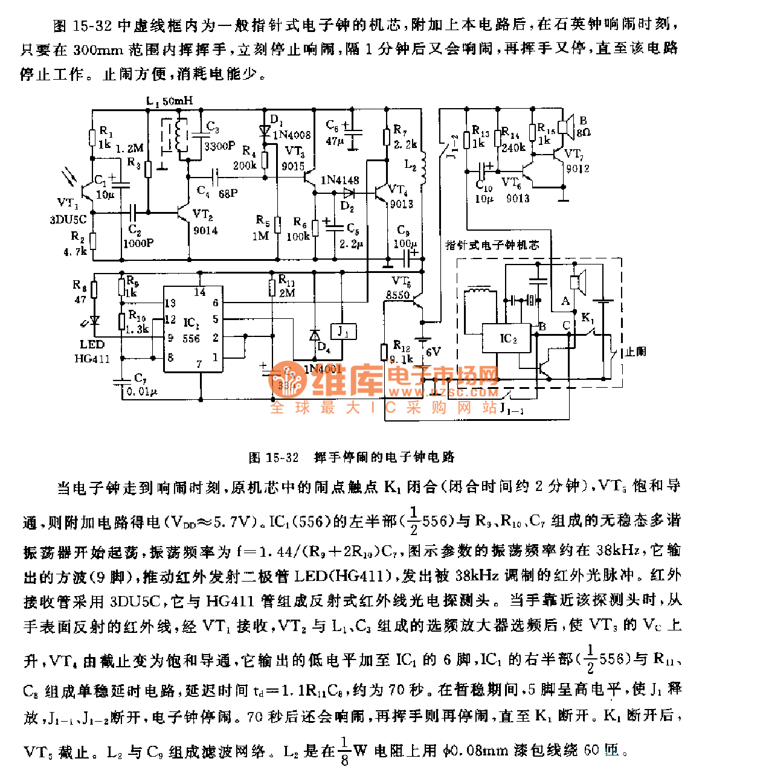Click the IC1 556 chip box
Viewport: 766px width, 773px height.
pyautogui.click(x=193, y=329)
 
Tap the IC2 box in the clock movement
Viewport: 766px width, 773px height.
pyautogui.click(x=506, y=338)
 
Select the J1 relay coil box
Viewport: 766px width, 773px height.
pyautogui.click(x=343, y=332)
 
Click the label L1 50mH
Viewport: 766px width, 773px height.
pyautogui.click(x=169, y=101)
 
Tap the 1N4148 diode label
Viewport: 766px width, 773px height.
pyautogui.click(x=340, y=180)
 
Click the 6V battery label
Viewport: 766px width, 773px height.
pyautogui.click(x=433, y=351)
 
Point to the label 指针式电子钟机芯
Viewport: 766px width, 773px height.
pyautogui.click(x=492, y=245)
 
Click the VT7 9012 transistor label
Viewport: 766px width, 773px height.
pyautogui.click(x=576, y=162)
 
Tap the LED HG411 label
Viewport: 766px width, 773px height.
pyautogui.click(x=92, y=351)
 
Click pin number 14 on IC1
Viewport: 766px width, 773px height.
pyautogui.click(x=199, y=292)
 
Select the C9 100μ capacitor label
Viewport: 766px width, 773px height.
pyautogui.click(x=405, y=237)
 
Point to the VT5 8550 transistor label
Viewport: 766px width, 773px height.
pyautogui.click(x=399, y=288)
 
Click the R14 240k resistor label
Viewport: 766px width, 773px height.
pyautogui.click(x=513, y=140)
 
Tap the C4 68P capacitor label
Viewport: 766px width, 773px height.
pyautogui.click(x=217, y=192)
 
